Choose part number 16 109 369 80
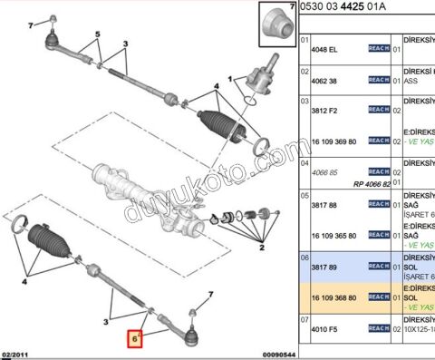(x=336, y=141)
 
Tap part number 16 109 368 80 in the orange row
(x=336, y=297)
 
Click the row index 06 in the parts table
(x=304, y=257)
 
